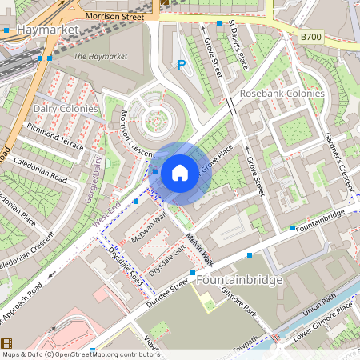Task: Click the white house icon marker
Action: click(180, 172)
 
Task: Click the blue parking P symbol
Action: click(182, 65)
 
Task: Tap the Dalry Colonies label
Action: click(66, 108)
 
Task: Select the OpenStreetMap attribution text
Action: click(80, 354)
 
